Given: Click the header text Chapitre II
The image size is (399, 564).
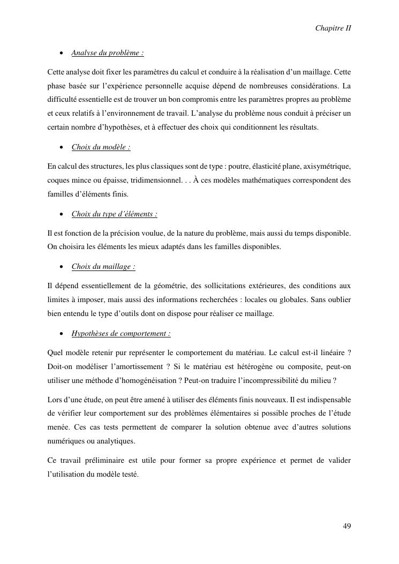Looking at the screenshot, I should [333, 27].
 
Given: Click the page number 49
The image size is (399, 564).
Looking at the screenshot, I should [347, 526].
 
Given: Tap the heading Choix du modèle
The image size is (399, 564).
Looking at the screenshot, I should [101, 147].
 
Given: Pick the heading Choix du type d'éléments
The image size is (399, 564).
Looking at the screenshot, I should [115, 214].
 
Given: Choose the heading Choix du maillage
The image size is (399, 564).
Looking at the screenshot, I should [103, 266].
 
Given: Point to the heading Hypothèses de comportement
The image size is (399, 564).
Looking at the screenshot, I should [121, 334].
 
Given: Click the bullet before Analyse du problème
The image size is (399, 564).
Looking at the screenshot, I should [63, 54].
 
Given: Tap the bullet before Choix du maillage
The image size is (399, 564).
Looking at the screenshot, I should [63, 267].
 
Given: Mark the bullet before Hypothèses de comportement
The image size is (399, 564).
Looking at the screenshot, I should [63, 334].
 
